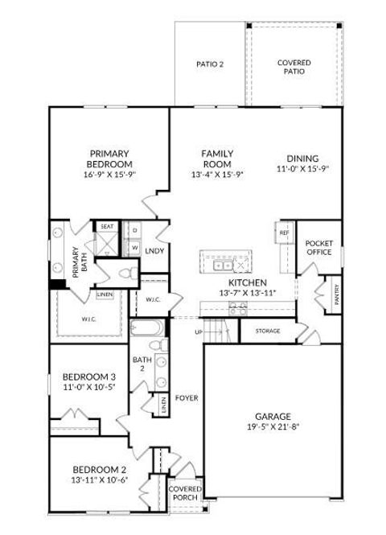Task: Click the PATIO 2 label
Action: (x=209, y=64)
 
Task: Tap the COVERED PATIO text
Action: (x=294, y=67)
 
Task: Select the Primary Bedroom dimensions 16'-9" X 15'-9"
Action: (x=110, y=174)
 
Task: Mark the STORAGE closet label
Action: (x=268, y=331)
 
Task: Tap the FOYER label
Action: (x=187, y=397)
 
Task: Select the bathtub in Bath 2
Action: (x=146, y=329)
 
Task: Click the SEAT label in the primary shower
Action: (x=107, y=228)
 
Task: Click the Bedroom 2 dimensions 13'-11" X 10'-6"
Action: (x=101, y=480)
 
